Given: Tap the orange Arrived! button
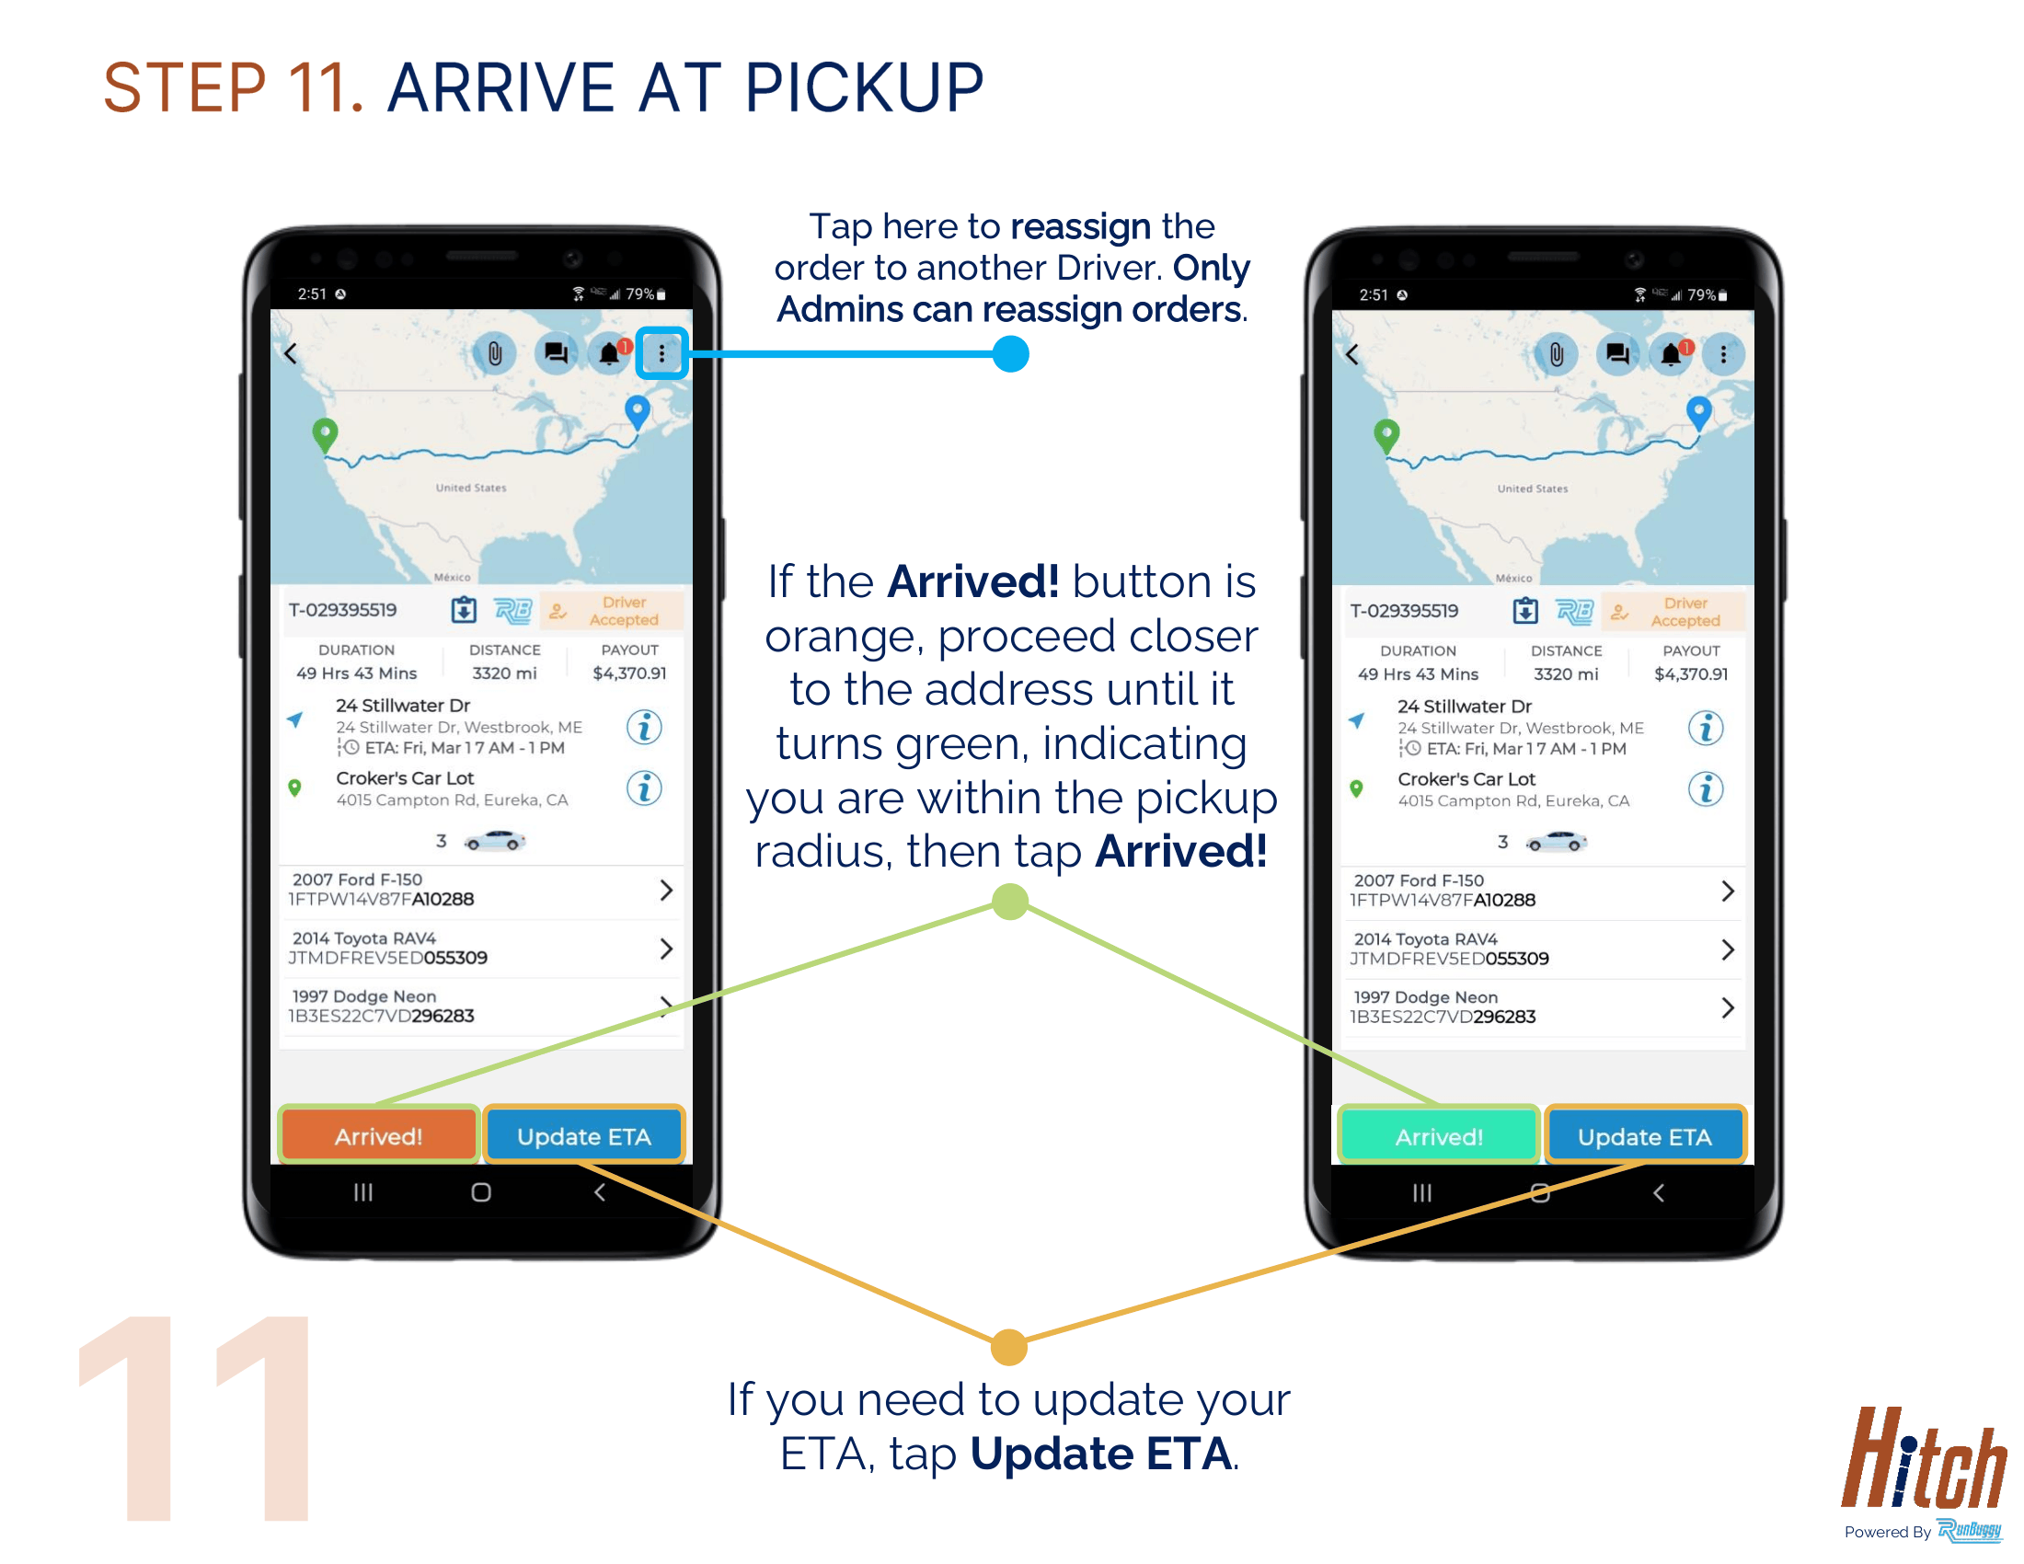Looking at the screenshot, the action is (378, 1135).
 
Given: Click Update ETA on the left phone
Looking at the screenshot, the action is (584, 1135).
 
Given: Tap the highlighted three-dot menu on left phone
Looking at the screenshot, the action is (661, 353).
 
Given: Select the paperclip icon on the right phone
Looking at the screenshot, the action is (1557, 354).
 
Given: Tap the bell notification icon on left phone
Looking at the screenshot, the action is (610, 353).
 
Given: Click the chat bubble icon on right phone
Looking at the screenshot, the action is (1617, 354).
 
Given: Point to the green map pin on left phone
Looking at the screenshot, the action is (325, 434).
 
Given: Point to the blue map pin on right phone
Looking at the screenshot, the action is (1698, 411).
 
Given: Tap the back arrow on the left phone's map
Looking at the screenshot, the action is (291, 353).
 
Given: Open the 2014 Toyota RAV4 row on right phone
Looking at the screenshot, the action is (1542, 949).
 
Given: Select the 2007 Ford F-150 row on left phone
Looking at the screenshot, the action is (481, 890).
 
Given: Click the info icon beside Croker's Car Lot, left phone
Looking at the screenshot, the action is (644, 788).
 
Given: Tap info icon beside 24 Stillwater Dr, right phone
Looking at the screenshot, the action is (1705, 728).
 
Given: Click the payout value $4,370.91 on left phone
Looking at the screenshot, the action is (629, 673).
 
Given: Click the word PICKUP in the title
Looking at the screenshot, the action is (864, 88).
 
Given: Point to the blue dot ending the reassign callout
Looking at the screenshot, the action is (1010, 353).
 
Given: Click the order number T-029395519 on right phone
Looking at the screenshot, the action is (1404, 611).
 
